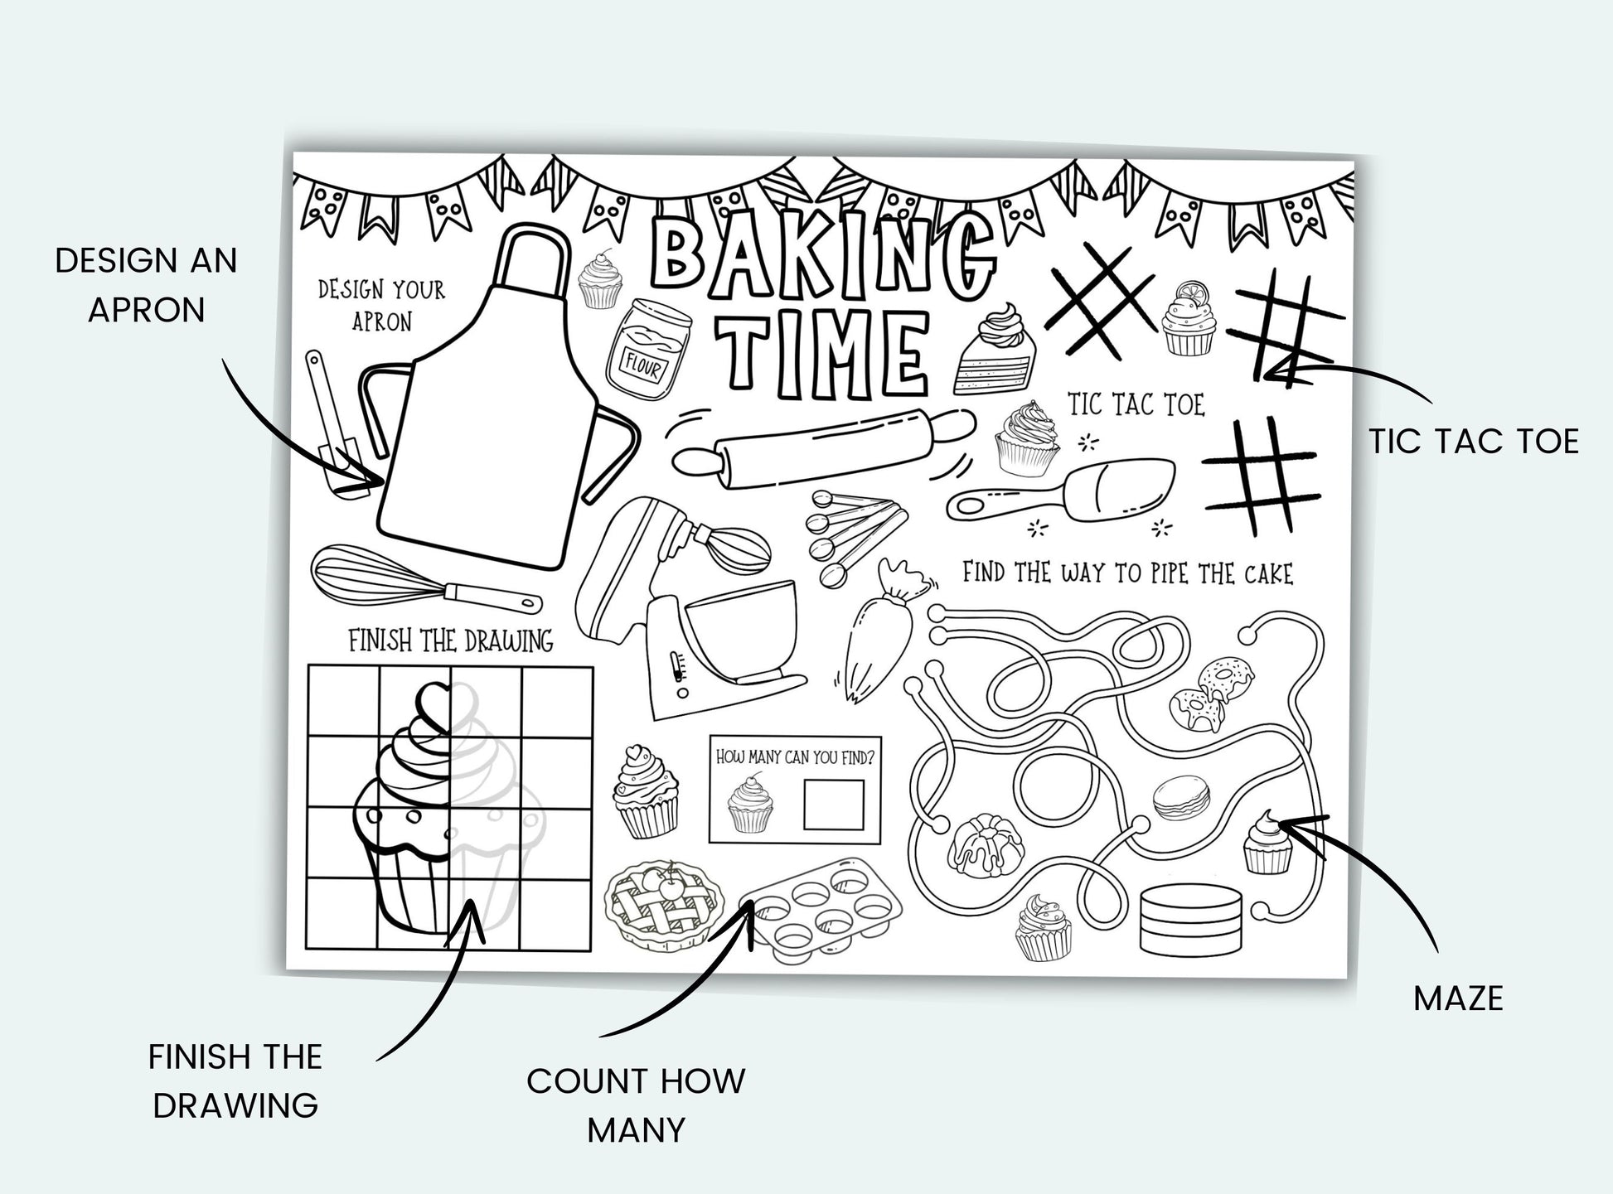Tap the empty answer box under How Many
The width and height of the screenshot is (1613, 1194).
[834, 804]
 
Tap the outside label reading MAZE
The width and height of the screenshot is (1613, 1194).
[1458, 998]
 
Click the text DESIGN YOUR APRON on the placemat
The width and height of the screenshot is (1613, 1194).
[381, 305]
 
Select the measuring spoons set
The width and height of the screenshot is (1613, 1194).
[855, 536]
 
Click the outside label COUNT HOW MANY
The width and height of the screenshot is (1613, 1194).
[636, 1105]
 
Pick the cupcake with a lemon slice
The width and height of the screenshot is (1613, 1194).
[1188, 319]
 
